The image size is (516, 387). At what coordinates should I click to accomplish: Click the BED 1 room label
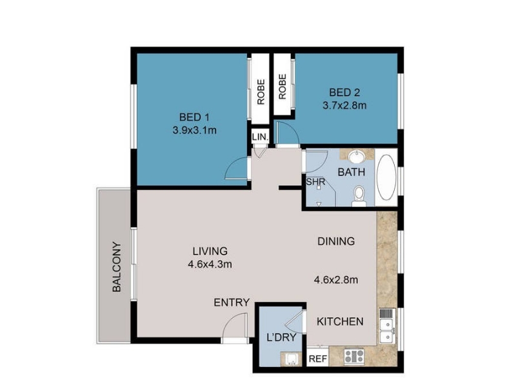point(194,117)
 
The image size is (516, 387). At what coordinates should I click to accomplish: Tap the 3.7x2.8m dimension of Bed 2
point(344,106)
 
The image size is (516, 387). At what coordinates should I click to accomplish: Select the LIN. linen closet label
point(261,137)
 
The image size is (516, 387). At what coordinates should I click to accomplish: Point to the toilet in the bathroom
point(359,197)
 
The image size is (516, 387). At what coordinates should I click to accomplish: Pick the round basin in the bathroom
point(356,156)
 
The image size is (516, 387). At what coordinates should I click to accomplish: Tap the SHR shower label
point(315,182)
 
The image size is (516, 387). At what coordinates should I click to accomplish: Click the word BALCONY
point(117,267)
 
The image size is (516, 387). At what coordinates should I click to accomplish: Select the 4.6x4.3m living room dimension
point(210,264)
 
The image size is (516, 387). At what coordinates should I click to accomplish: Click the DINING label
point(336,241)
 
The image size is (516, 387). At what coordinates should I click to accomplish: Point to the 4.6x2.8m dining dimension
point(336,280)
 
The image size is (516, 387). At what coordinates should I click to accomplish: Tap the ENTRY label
point(232,303)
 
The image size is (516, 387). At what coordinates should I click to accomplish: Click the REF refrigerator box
point(318,359)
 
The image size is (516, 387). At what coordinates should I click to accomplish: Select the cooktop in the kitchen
point(354,357)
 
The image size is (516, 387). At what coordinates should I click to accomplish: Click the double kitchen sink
point(386,326)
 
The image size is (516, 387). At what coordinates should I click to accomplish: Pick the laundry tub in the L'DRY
point(291,359)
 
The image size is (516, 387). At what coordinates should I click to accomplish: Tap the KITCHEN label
point(340,321)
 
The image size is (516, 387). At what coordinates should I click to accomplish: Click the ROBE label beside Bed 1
point(261,92)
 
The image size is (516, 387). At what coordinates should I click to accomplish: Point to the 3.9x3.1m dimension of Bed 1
point(195,130)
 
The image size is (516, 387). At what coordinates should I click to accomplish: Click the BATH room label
point(352,172)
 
